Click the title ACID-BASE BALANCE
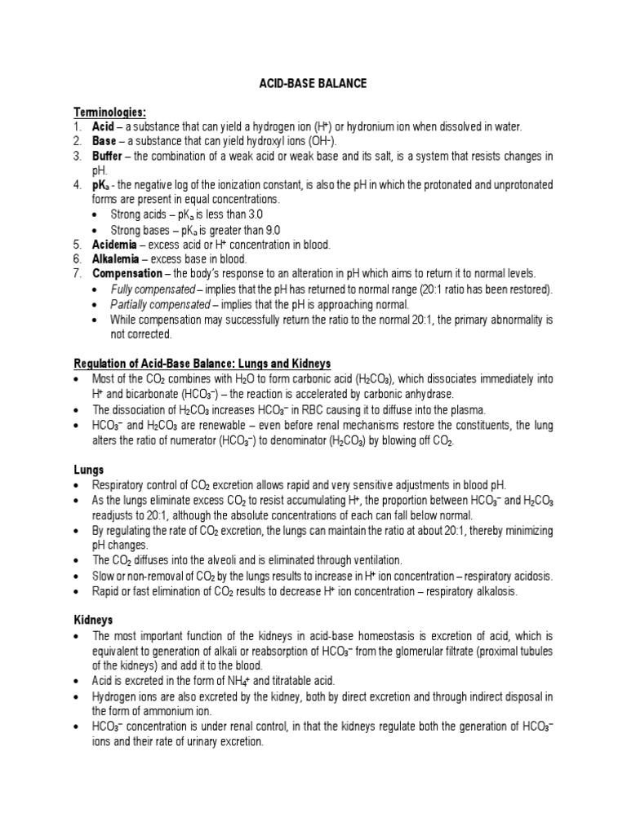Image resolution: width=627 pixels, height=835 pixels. pos(313,84)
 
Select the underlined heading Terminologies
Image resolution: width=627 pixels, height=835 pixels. pos(110,113)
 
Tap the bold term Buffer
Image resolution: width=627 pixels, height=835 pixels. pos(109,156)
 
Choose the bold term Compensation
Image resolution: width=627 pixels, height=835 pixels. pos(127,273)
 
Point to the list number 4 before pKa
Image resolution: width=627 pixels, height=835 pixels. pos(77,185)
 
